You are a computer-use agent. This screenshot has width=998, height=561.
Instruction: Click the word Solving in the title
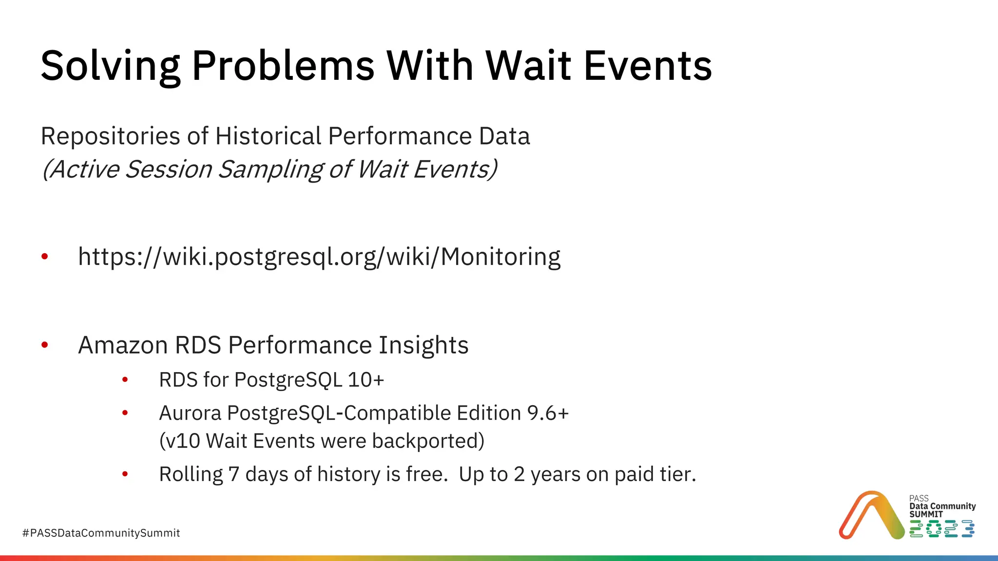[110, 66]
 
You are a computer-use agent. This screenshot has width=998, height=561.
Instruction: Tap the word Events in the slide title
[648, 66]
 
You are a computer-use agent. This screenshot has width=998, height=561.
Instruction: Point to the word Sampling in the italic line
[270, 169]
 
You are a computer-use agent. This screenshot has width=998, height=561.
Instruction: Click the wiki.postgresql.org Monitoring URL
[319, 257]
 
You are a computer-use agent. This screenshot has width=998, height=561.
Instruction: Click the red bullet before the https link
[45, 257]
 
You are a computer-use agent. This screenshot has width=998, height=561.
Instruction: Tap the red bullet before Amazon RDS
[45, 345]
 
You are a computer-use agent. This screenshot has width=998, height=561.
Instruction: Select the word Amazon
[123, 345]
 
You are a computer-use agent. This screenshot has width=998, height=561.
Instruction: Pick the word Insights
[423, 345]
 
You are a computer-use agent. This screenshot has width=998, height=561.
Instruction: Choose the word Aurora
[190, 413]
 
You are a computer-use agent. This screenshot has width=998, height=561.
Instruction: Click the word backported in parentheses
[428, 441]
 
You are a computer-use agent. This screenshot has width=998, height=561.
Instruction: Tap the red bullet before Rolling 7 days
[125, 474]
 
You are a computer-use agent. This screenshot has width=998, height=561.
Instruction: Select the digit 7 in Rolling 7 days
[234, 474]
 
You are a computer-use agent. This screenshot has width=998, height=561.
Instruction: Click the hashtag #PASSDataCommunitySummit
[101, 533]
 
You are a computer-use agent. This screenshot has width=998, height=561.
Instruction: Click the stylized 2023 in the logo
[941, 529]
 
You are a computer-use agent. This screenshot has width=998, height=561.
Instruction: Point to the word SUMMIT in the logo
[926, 514]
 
